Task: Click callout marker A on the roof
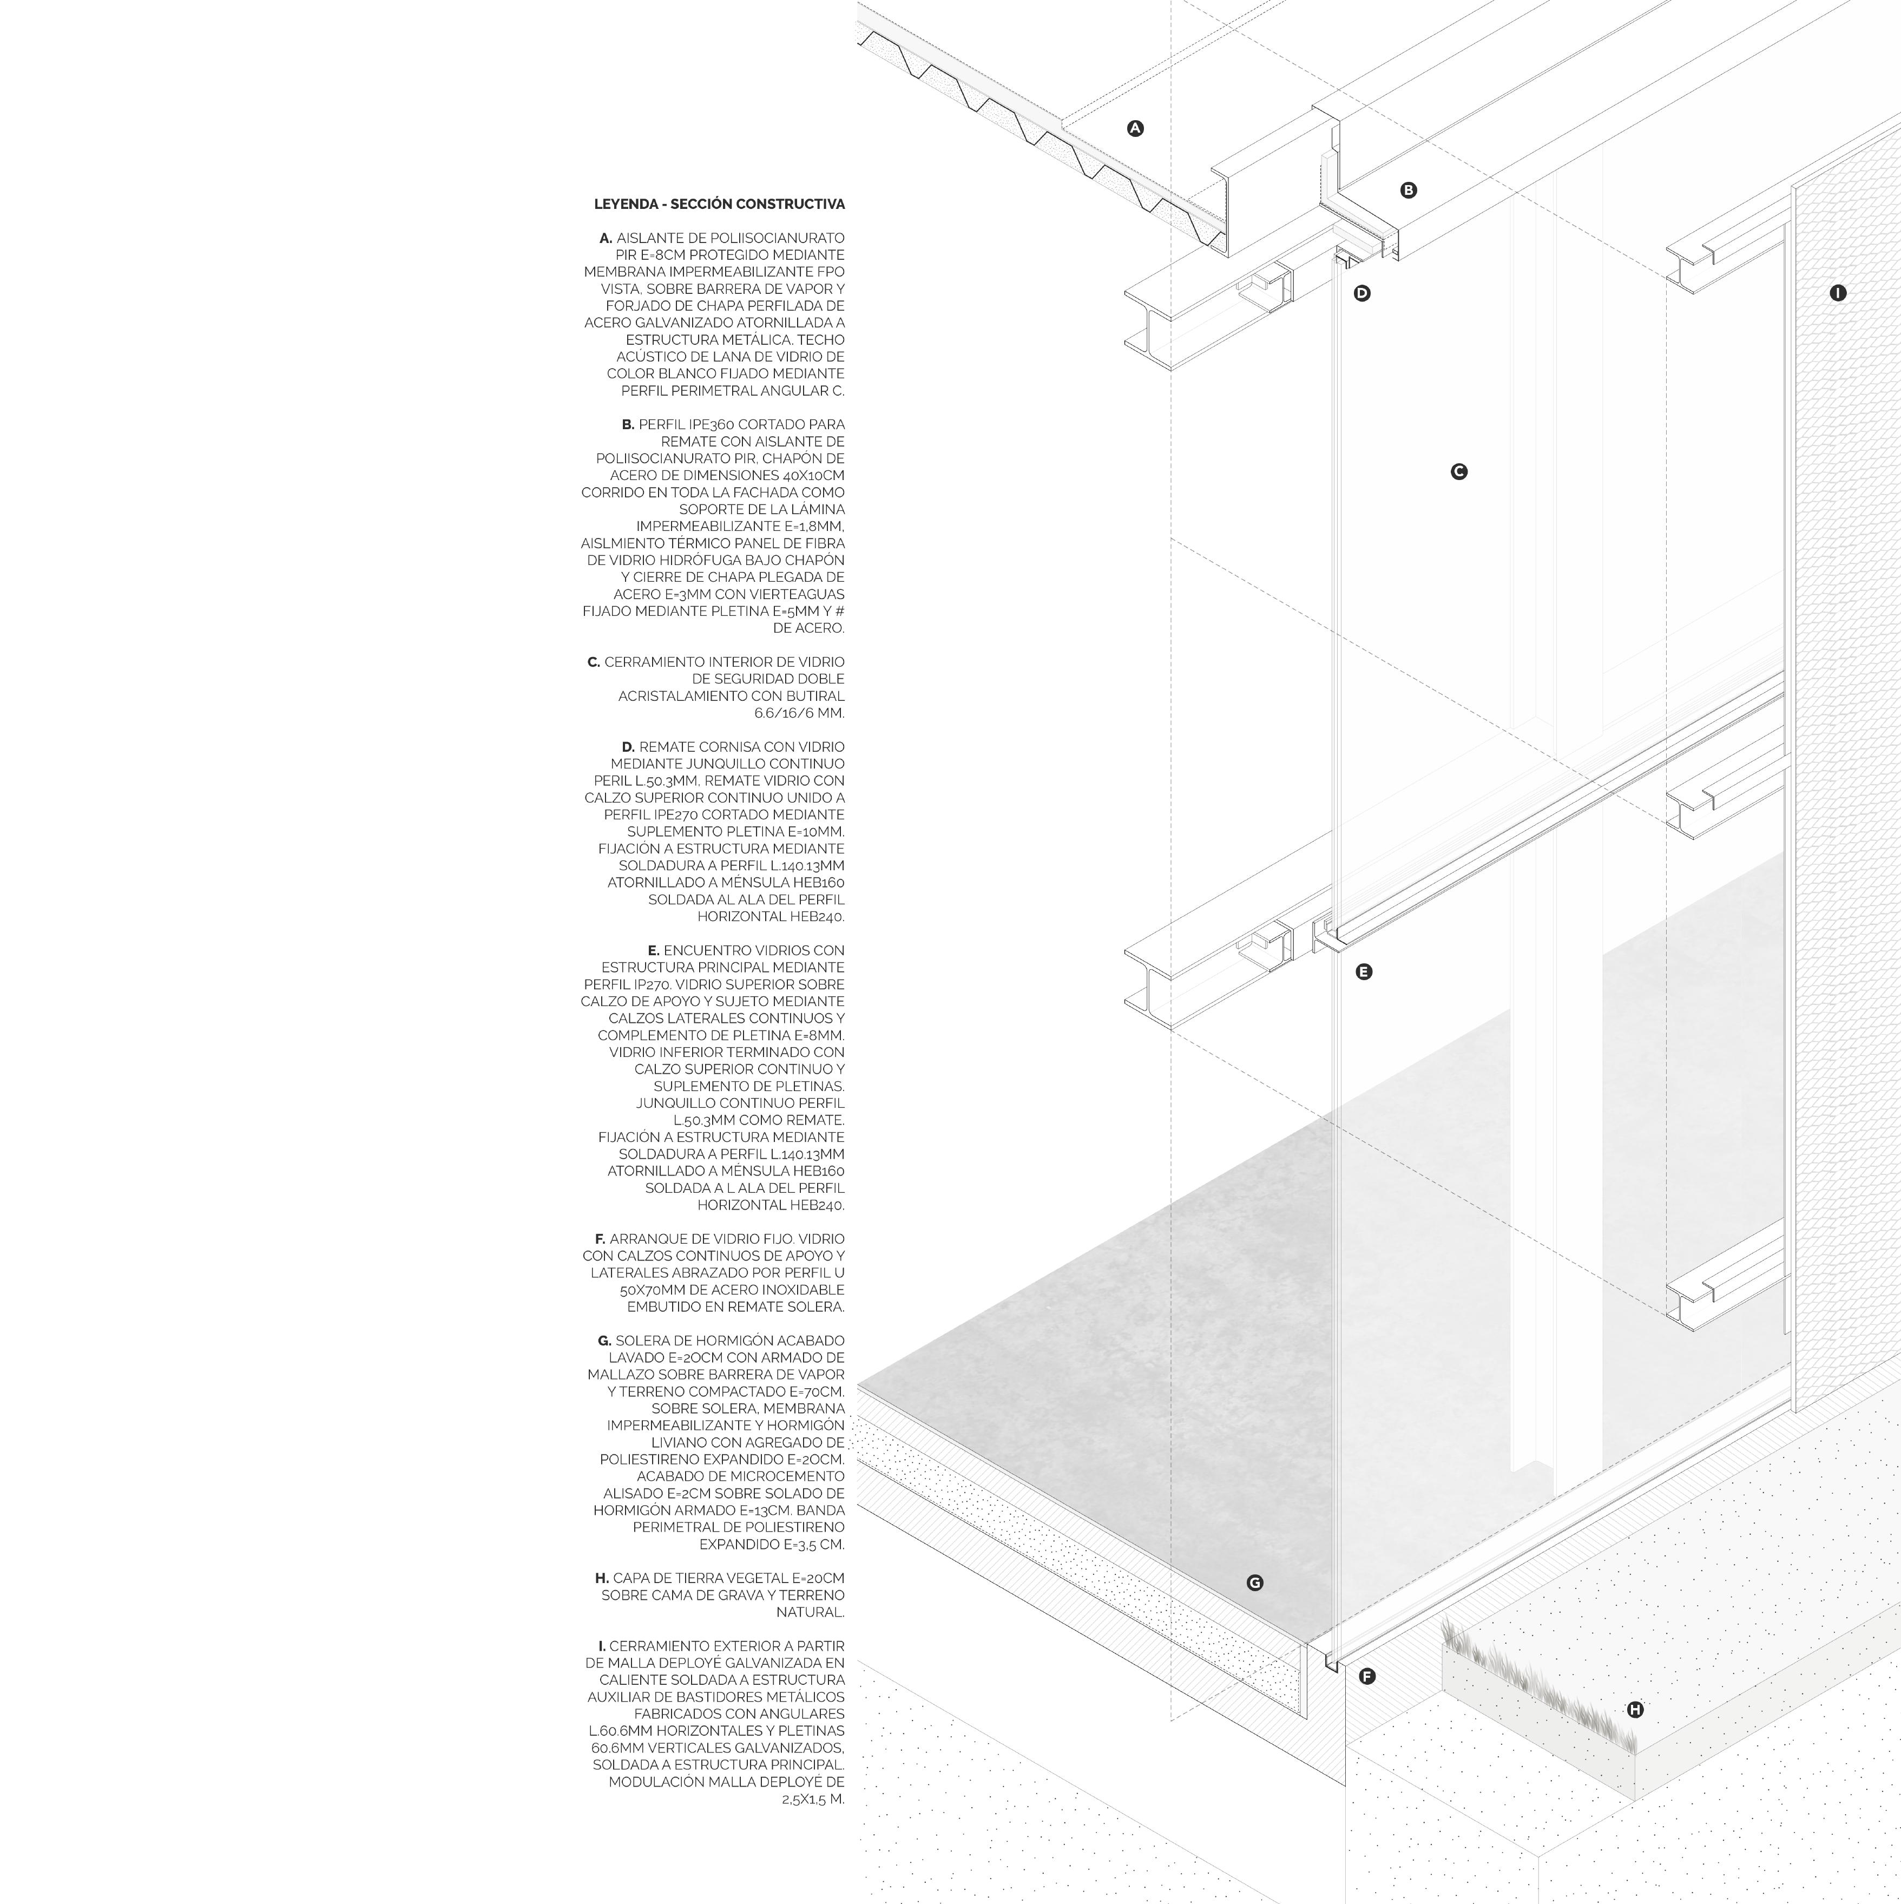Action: (x=1135, y=128)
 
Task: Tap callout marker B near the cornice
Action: (x=1408, y=190)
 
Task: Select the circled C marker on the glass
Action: (x=1458, y=472)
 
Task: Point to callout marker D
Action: (x=1362, y=293)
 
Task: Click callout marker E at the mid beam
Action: (x=1364, y=971)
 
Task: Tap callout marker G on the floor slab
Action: (x=1254, y=1583)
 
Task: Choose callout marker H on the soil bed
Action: (x=1635, y=1710)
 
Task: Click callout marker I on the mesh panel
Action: (x=1837, y=293)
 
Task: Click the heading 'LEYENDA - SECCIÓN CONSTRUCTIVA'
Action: (x=719, y=204)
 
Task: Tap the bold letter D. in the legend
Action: (x=628, y=747)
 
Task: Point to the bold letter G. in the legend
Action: (x=604, y=1341)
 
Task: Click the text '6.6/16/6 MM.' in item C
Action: (x=799, y=713)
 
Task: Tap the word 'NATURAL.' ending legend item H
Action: (x=810, y=1612)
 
